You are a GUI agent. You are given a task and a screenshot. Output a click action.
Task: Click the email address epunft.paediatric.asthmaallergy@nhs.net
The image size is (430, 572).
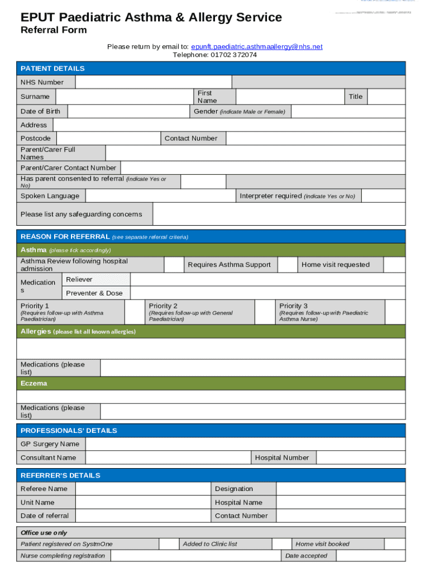point(256,47)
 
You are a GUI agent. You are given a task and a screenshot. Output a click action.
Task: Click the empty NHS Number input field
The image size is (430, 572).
point(153,82)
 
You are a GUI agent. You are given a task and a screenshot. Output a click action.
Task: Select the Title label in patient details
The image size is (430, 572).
point(356,97)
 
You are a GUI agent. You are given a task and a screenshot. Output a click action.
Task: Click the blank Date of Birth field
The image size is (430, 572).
point(128,112)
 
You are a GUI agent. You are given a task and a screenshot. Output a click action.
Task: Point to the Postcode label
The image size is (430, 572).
point(36,139)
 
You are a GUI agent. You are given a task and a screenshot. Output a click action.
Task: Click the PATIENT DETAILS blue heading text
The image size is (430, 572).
point(52,68)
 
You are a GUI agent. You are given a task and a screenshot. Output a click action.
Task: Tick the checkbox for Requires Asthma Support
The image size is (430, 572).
point(287,265)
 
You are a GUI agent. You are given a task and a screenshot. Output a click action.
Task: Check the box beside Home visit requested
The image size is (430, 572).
point(394,265)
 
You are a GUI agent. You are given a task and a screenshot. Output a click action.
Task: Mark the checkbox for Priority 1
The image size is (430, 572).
point(134,312)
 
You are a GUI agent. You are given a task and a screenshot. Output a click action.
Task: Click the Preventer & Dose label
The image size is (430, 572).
point(94,293)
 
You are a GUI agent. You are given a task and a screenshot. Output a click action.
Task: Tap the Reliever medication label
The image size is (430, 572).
point(79,279)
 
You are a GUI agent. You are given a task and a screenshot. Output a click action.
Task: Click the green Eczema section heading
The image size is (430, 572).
point(34,383)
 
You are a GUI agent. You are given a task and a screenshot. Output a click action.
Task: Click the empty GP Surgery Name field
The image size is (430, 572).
point(245,444)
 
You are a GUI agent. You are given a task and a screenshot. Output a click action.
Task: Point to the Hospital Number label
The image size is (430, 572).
point(282,457)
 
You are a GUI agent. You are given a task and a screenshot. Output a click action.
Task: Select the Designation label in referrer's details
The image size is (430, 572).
point(234,489)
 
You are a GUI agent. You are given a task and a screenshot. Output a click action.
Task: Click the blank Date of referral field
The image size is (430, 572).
point(142,516)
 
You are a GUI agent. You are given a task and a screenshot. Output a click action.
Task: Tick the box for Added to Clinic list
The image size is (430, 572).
point(281,544)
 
